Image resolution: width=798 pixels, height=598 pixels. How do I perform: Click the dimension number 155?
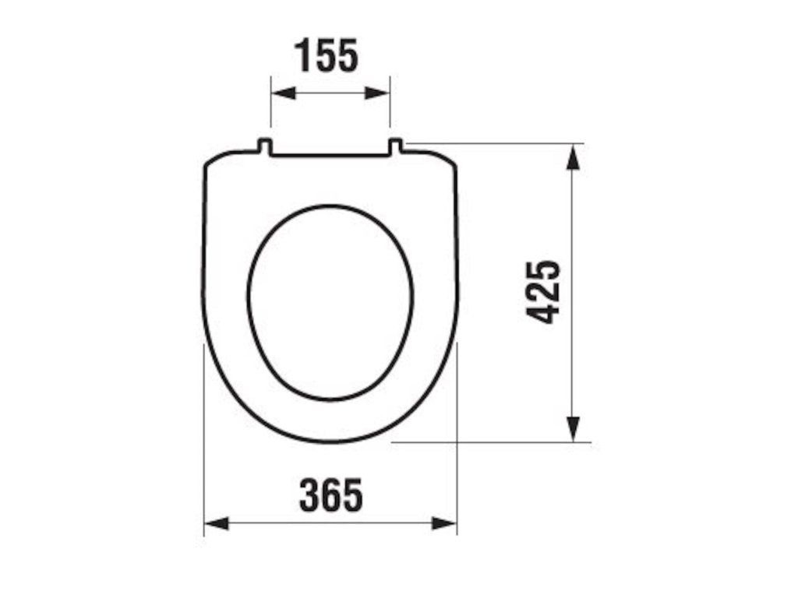click(327, 55)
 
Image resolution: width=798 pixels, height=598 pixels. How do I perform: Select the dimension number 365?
click(331, 494)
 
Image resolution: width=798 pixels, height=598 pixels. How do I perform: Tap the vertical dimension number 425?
click(543, 293)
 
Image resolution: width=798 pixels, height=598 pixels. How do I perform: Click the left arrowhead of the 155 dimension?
click(284, 93)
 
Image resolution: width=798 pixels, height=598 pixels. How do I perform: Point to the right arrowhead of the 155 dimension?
click(377, 93)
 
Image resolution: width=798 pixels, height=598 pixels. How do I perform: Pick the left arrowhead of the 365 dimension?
click(217, 523)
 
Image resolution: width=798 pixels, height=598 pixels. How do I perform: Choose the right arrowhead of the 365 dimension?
click(444, 523)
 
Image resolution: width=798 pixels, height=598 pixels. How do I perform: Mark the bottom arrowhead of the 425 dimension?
click(573, 429)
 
